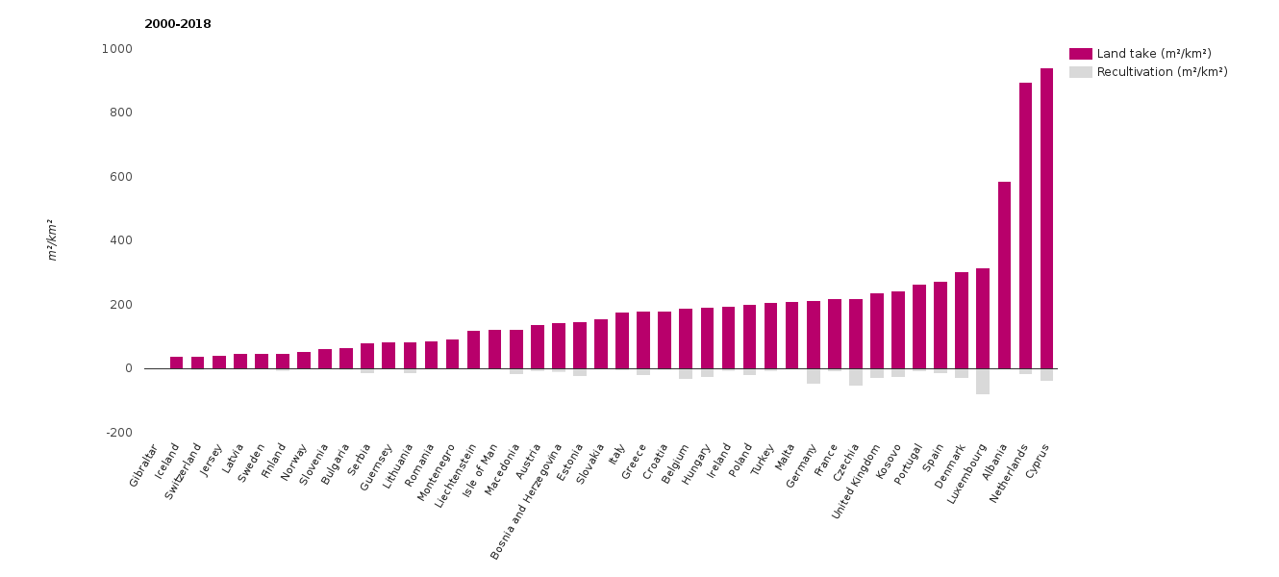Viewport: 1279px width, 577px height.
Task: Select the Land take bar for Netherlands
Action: click(x=1025, y=225)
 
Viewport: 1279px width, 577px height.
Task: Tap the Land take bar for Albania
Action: click(x=1004, y=275)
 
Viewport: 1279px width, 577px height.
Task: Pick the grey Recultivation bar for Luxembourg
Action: click(x=983, y=381)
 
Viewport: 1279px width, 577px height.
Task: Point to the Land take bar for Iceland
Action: click(x=176, y=363)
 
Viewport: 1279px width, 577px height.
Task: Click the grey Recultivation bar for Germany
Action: click(x=813, y=376)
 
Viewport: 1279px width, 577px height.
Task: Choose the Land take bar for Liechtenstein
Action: click(x=473, y=350)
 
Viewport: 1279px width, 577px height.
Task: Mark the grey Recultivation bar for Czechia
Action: click(x=856, y=377)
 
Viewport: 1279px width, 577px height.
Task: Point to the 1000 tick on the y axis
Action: click(x=117, y=49)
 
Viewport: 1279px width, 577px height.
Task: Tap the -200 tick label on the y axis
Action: click(x=119, y=433)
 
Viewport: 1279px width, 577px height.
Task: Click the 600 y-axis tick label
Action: click(x=120, y=177)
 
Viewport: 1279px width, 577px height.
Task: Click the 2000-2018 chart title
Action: click(x=178, y=24)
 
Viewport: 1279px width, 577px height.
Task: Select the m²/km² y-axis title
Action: click(x=53, y=239)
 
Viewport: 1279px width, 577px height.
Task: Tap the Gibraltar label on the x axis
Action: click(x=143, y=465)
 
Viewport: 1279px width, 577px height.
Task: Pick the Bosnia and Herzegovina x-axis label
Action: click(x=527, y=500)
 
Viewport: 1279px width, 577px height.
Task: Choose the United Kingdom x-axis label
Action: click(x=856, y=481)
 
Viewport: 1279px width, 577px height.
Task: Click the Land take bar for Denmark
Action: click(x=962, y=320)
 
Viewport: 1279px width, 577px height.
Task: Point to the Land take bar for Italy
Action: click(x=622, y=340)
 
